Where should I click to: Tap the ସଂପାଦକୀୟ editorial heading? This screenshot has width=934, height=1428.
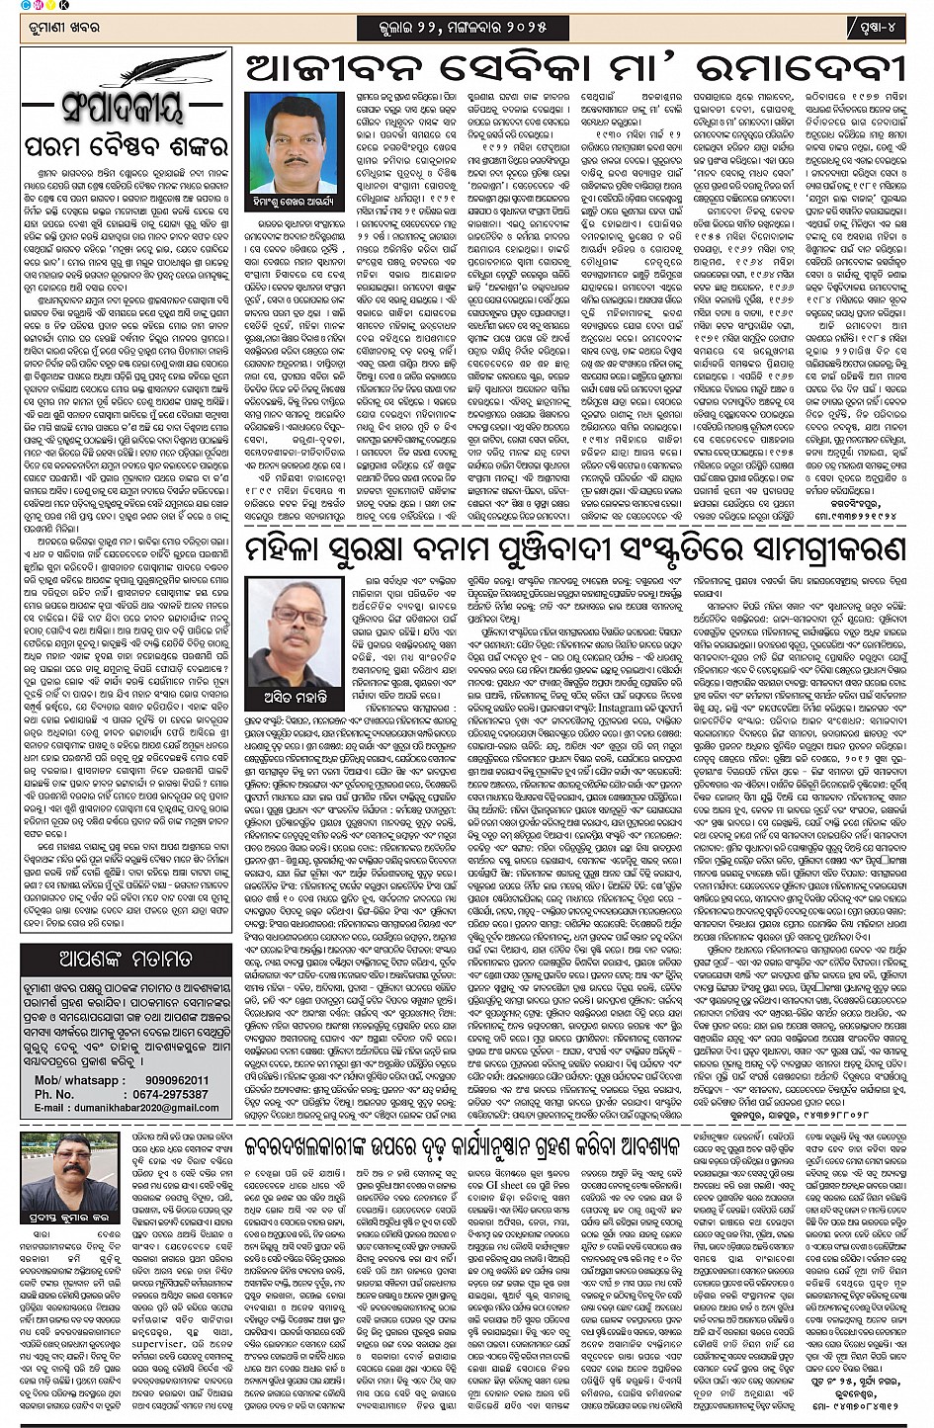tap(123, 107)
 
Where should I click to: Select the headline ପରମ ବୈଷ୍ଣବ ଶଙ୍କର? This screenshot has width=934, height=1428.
tap(126, 147)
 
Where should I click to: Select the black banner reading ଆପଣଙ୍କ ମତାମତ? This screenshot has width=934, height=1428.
tap(126, 959)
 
